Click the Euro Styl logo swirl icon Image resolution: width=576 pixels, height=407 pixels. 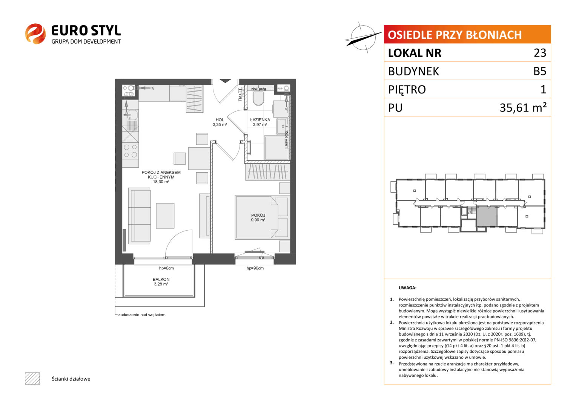[35, 34]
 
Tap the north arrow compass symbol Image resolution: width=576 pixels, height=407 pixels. [363, 38]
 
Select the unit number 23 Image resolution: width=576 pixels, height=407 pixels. [540, 53]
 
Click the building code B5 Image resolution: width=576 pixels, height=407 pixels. [540, 71]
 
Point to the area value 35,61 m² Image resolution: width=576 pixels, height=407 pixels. [523, 107]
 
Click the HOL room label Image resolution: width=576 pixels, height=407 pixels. [220, 120]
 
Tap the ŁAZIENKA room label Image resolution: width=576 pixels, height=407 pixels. [260, 120]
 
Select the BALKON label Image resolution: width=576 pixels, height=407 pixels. [161, 279]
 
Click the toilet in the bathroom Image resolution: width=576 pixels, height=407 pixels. [258, 99]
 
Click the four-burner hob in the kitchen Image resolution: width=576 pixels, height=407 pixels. [130, 151]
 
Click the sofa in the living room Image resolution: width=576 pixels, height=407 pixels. [139, 216]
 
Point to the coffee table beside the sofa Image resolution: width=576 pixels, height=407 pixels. [165, 216]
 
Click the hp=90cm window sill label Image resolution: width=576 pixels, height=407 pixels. [255, 268]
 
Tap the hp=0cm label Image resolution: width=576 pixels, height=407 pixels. [166, 268]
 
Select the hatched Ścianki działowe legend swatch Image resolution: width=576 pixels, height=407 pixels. [32, 378]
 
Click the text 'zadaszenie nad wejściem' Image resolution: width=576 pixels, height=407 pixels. [142, 315]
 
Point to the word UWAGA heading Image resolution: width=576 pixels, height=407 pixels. [407, 288]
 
